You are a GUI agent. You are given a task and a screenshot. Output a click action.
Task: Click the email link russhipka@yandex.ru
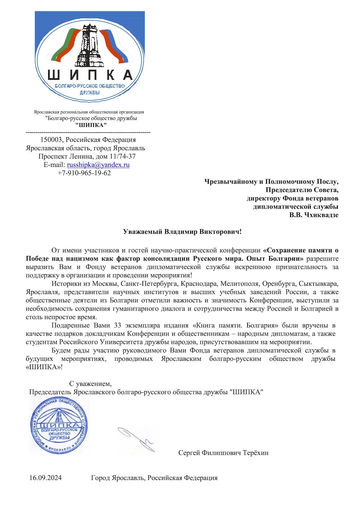[98, 165]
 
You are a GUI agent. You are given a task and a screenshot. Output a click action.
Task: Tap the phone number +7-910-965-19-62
[84, 173]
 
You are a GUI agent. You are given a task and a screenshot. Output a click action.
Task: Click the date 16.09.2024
[45, 478]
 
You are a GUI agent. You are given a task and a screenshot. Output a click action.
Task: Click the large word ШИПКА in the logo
[90, 75]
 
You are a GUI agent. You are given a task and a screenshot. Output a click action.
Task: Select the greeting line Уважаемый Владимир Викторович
[182, 232]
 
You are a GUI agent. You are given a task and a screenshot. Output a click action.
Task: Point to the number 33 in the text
[117, 325]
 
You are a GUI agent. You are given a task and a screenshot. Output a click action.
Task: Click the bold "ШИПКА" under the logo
[91, 125]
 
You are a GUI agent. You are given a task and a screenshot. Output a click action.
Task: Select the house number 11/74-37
[123, 156]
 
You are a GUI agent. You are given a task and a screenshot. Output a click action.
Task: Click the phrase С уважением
[90, 384]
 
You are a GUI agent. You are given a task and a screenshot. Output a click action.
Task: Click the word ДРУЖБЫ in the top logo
[90, 93]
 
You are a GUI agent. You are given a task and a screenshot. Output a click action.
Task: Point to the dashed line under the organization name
[88, 132]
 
